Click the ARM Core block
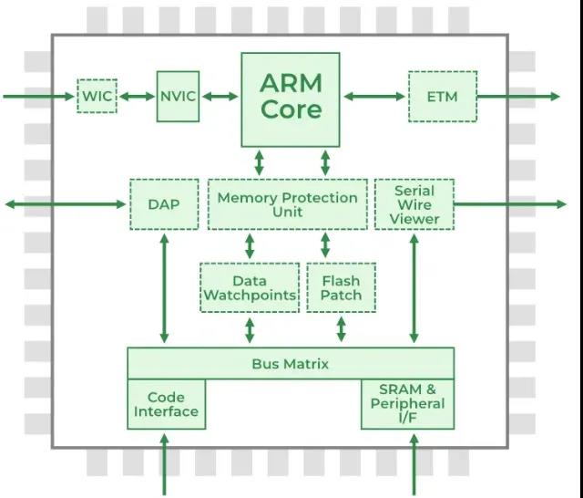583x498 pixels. coord(290,99)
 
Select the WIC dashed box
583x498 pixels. coord(97,96)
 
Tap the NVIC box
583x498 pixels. coord(178,96)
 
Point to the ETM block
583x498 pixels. coord(442,96)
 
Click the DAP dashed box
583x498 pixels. coord(164,203)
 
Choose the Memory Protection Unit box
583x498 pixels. coord(287,203)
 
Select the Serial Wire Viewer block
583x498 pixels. coord(414,203)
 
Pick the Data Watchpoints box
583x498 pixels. coord(250,287)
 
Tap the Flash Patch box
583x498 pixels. coord(341,287)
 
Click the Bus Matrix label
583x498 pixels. coord(290,364)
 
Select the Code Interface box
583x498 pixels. coord(166,404)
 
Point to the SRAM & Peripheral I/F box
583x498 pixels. coord(407,404)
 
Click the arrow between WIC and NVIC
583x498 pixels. coord(137,96)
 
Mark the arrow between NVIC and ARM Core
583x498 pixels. coord(220,96)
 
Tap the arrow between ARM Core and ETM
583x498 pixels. coord(373,96)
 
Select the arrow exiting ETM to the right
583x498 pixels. coord(519,96)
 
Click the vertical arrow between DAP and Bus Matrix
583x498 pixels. coord(164,288)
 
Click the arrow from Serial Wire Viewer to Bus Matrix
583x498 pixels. coord(414,288)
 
